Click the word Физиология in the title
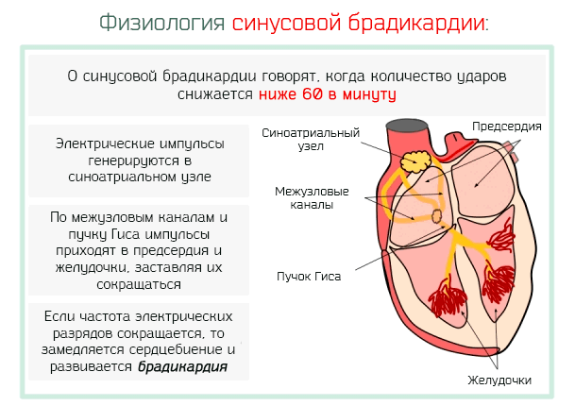coord(161,23)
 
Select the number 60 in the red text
coord(313,94)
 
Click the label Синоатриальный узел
coord(311,140)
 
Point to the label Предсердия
coord(507,127)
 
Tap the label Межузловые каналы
coord(312,197)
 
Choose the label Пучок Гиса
coord(309,276)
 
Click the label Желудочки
coord(499,381)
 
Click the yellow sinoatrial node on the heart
coord(415,161)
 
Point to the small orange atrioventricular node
coord(437,216)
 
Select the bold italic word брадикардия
coord(182,366)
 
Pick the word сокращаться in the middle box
coord(139,284)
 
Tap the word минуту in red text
coord(369,94)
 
